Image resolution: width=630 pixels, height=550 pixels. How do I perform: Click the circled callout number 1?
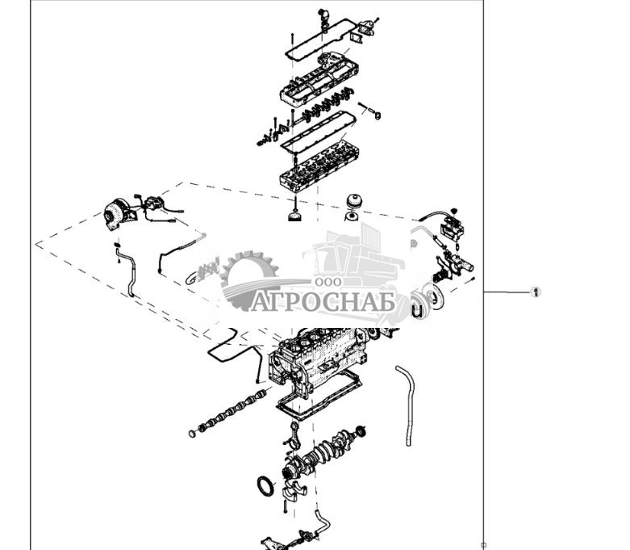535,292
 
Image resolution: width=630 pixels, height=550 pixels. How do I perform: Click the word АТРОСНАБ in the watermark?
323,302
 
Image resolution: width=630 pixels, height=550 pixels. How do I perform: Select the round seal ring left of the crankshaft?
265,487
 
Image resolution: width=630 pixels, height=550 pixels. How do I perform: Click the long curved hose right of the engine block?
404,404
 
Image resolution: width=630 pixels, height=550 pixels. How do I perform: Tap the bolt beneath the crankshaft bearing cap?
286,509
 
